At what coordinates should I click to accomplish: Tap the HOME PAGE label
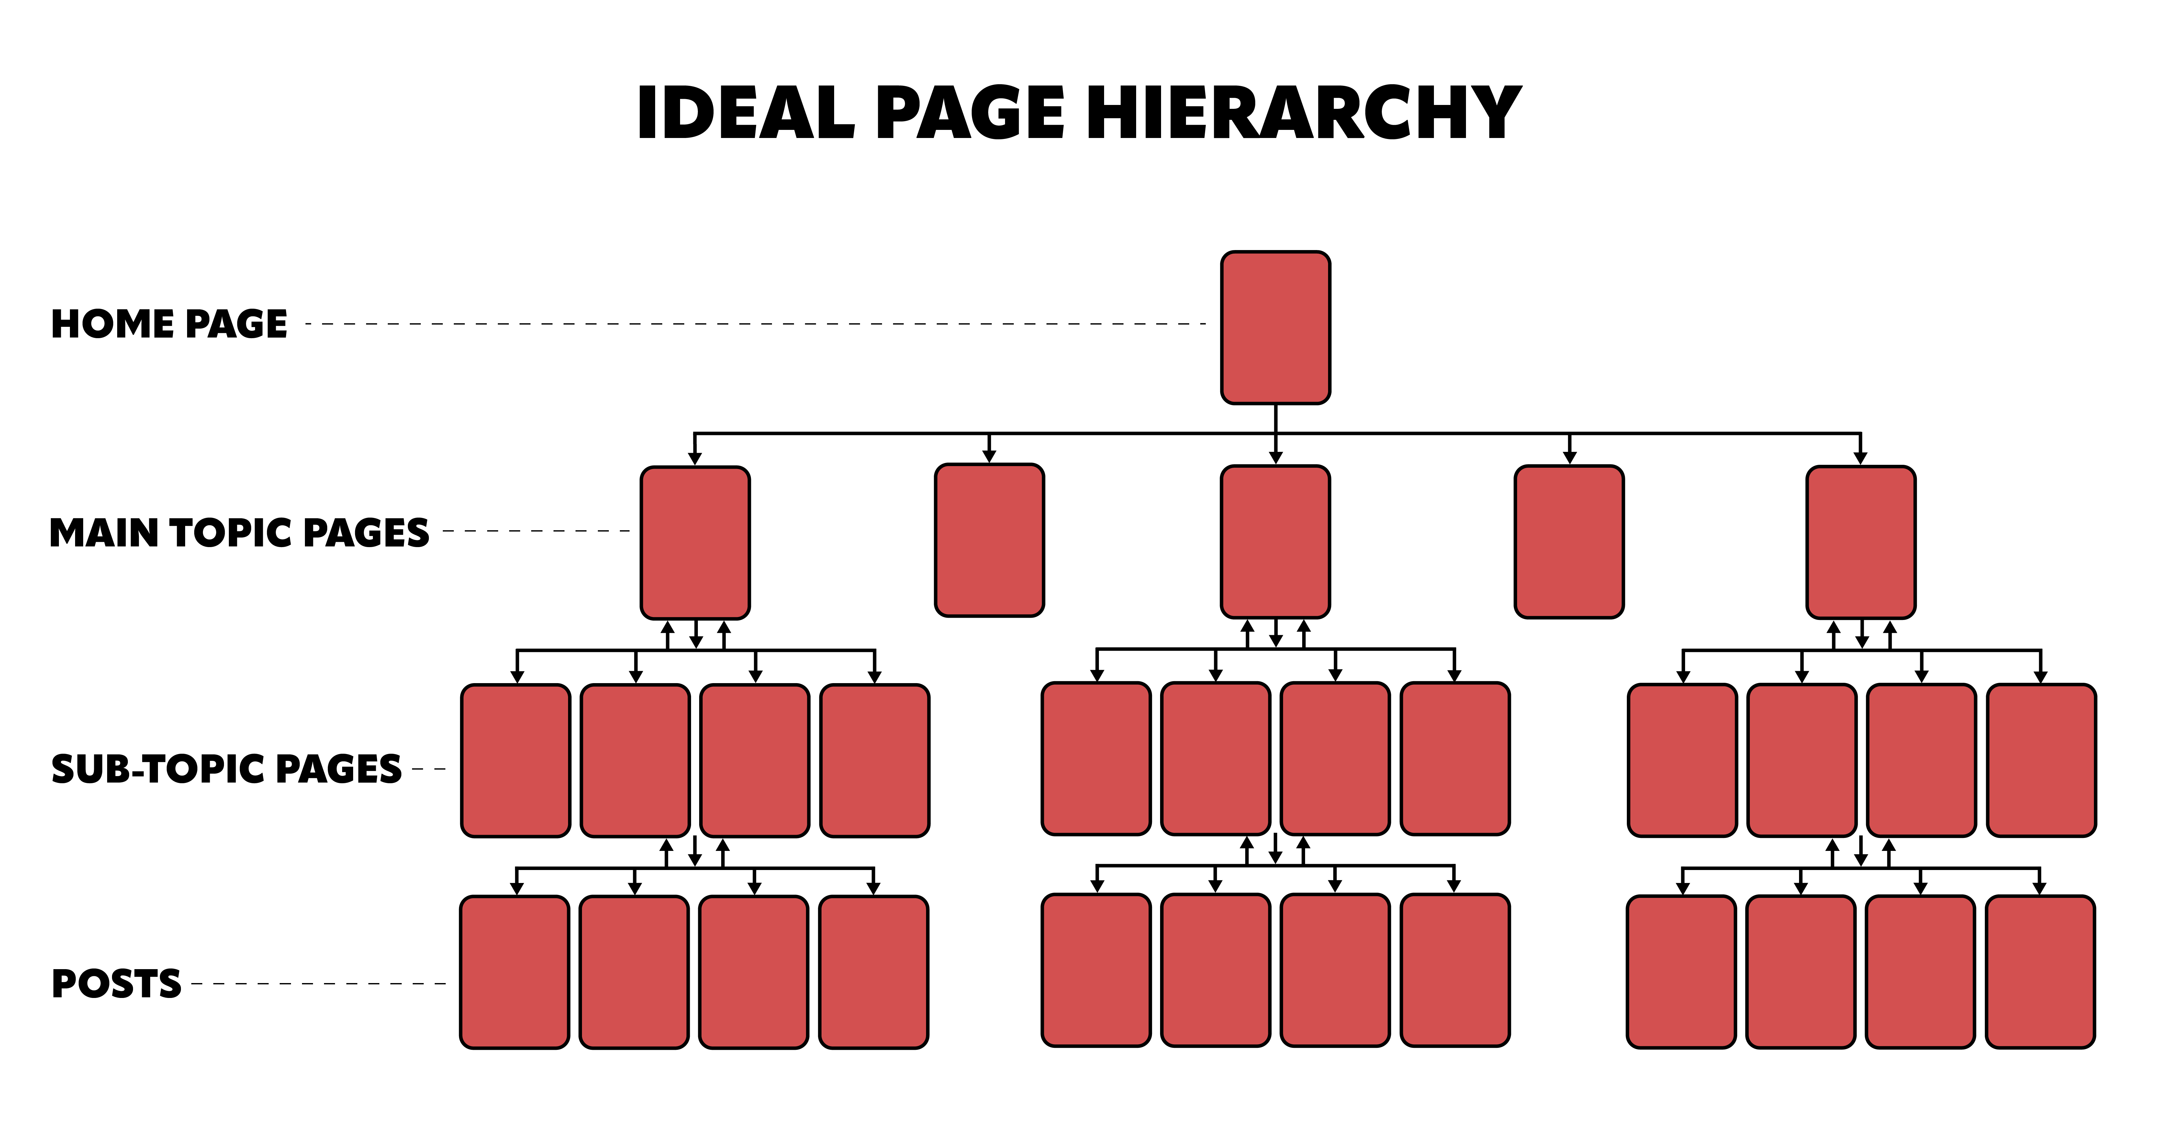click(x=169, y=324)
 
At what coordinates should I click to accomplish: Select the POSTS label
click(x=117, y=983)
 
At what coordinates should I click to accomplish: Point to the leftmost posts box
click(x=514, y=972)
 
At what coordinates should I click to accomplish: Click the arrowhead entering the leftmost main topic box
click(x=695, y=458)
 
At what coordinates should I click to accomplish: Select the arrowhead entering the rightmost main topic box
click(x=1861, y=458)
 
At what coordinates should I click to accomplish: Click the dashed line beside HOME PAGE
click(x=755, y=324)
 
